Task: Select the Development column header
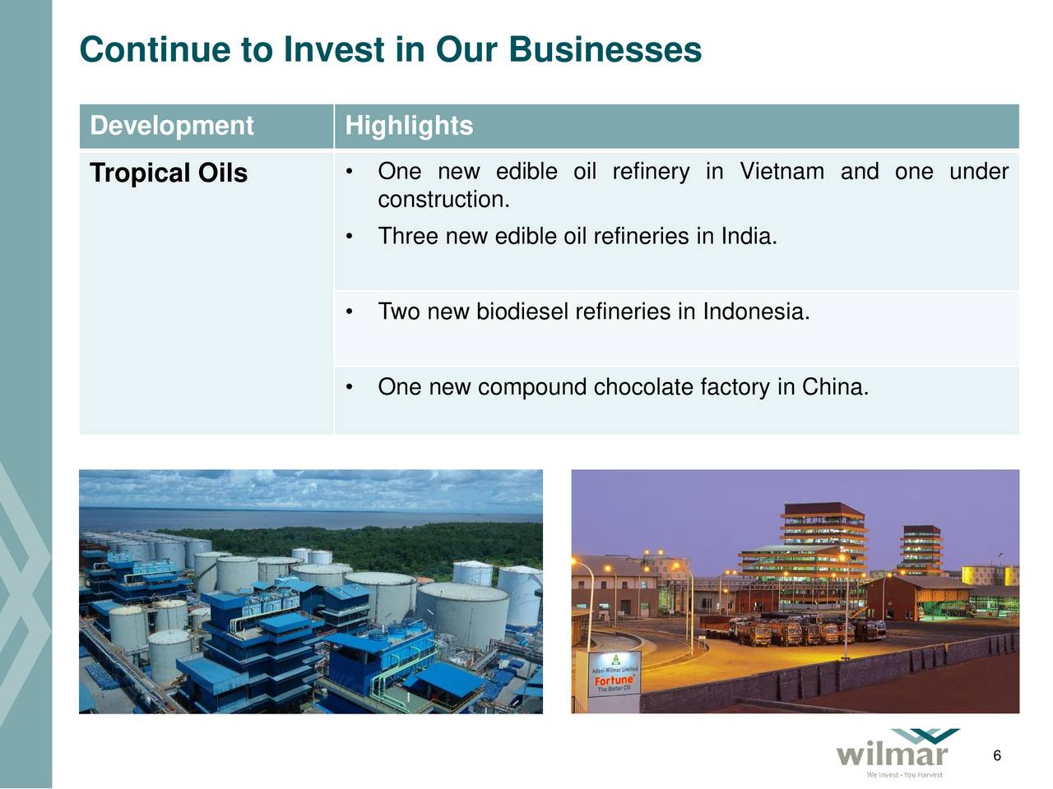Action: [171, 126]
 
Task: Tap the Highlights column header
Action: [409, 126]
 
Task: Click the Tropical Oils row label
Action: [169, 173]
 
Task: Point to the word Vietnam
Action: [782, 172]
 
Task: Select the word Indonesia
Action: [755, 312]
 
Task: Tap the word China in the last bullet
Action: [833, 387]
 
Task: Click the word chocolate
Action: [643, 387]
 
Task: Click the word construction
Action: [443, 200]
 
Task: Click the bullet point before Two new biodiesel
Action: [350, 312]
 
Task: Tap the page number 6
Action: [996, 756]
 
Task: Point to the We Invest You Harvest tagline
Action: [904, 775]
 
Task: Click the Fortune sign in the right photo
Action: [614, 681]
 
